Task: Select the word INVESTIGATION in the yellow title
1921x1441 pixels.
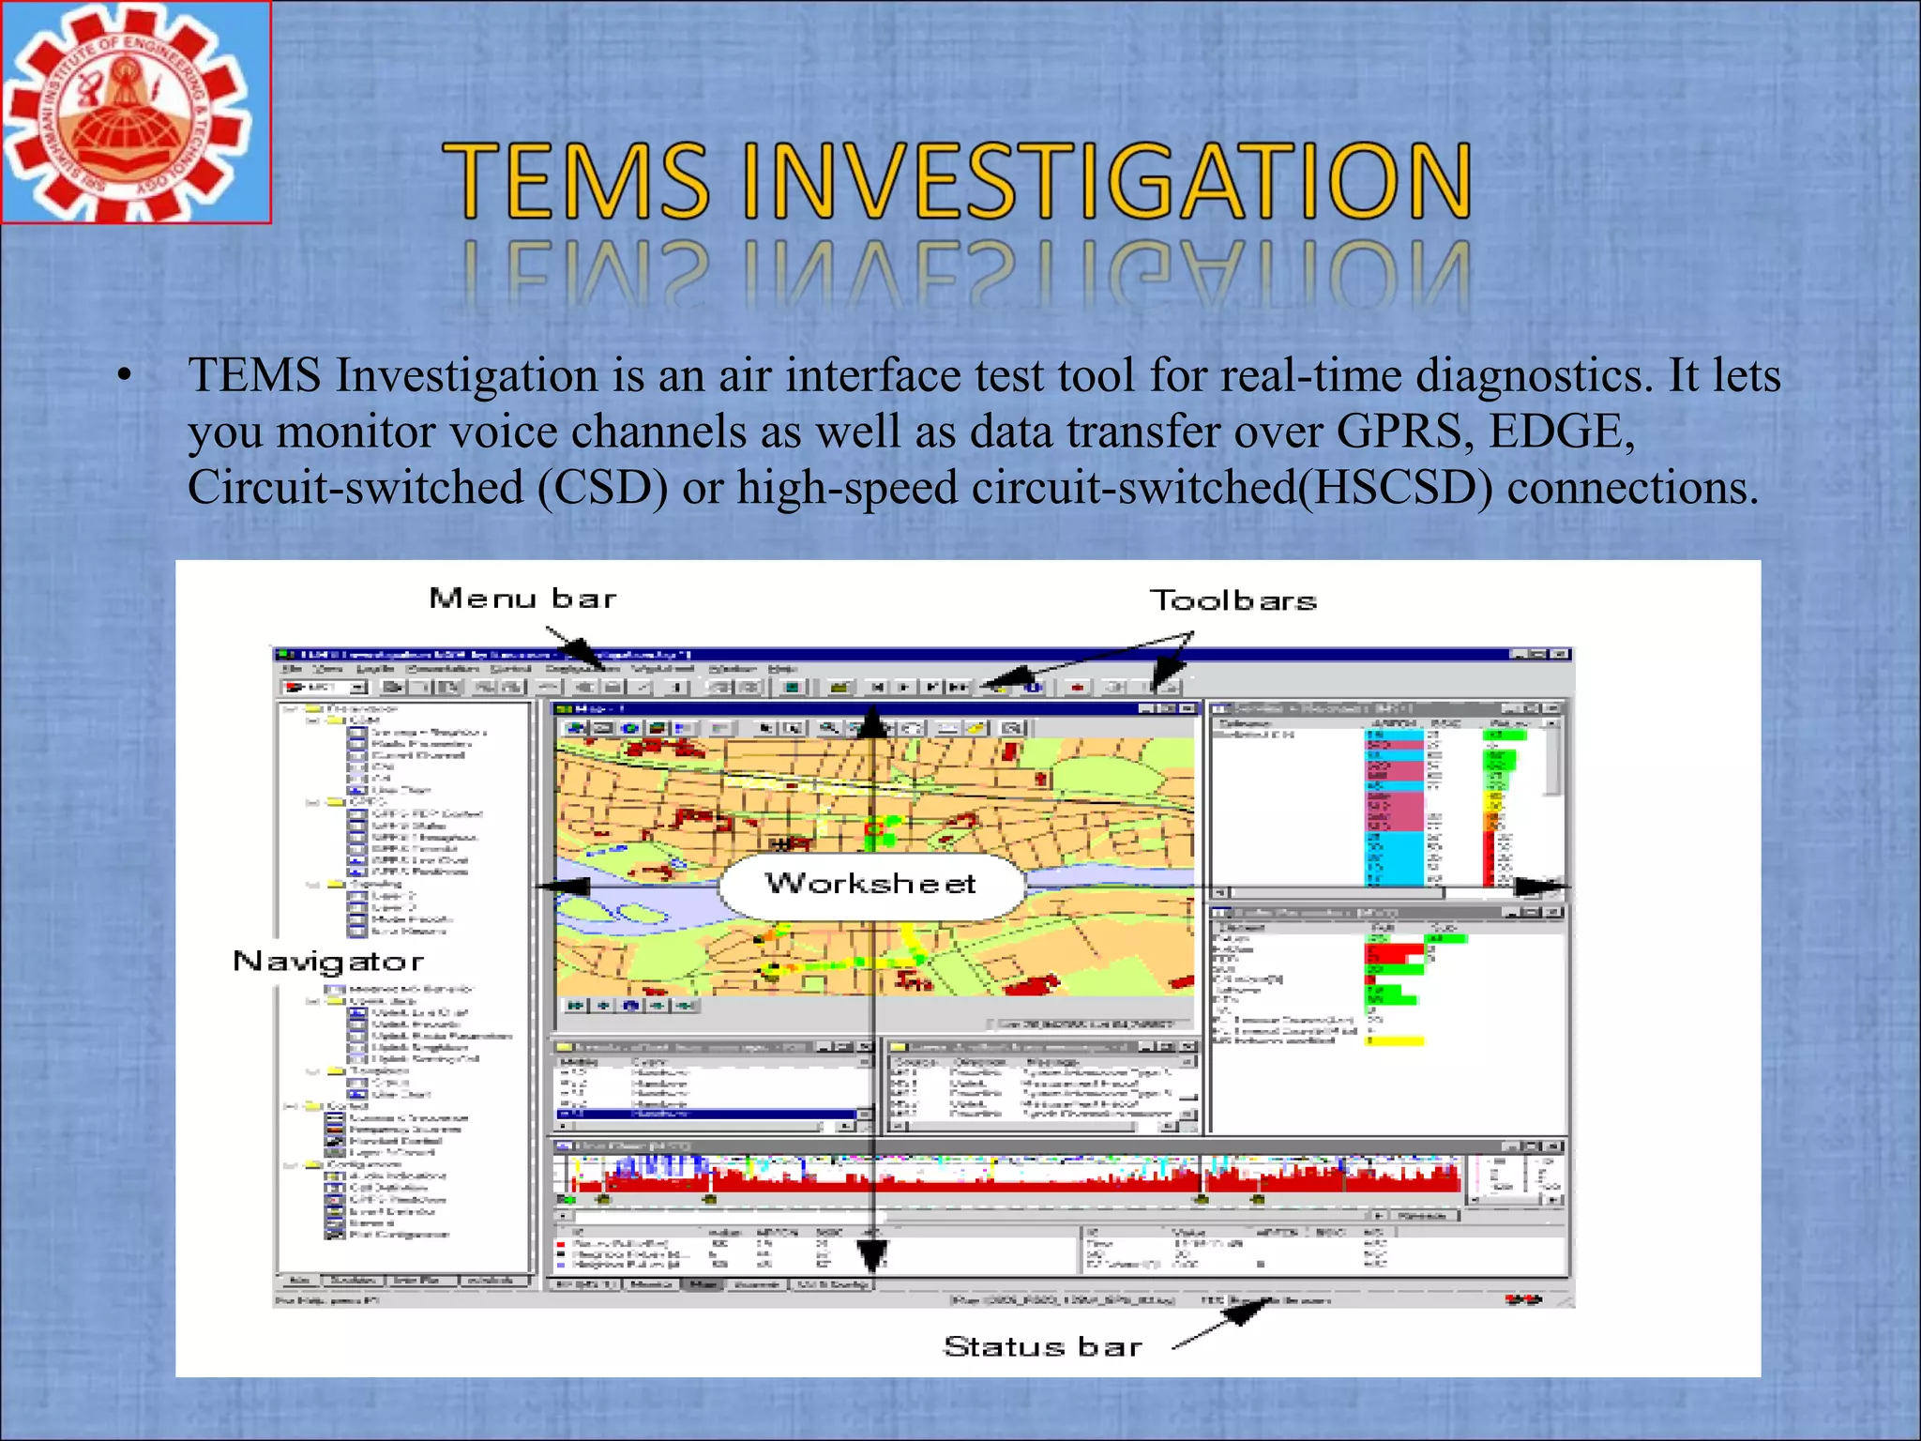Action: pyautogui.click(x=1107, y=181)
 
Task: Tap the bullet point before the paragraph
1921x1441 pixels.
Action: pyautogui.click(x=125, y=377)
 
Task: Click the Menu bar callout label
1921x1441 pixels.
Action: pyautogui.click(x=522, y=599)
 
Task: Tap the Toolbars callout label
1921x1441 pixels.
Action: pyautogui.click(x=1233, y=600)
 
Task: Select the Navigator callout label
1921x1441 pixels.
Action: pyautogui.click(x=328, y=962)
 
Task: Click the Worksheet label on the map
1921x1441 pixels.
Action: pyautogui.click(x=870, y=884)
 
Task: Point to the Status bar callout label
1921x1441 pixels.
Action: pyautogui.click(x=1042, y=1347)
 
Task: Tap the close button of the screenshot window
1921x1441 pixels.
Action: pyautogui.click(x=1561, y=654)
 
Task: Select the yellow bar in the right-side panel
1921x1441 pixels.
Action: pyautogui.click(x=1397, y=1040)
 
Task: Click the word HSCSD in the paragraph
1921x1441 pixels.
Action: pyautogui.click(x=1395, y=489)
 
